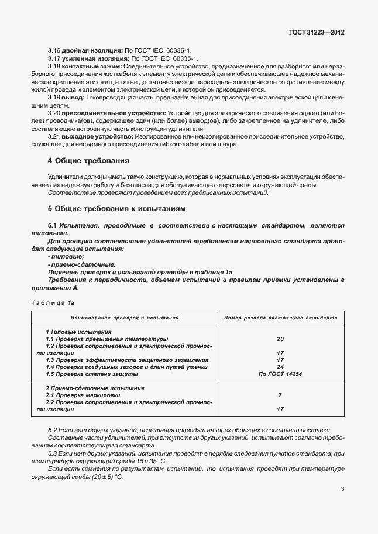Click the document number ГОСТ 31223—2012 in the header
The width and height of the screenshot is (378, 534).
pyautogui.click(x=316, y=33)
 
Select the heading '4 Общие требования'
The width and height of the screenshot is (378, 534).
pyautogui.click(x=88, y=160)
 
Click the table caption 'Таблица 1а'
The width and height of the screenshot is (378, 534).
pyautogui.click(x=53, y=302)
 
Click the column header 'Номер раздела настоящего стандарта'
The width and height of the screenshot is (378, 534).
pyautogui.click(x=280, y=318)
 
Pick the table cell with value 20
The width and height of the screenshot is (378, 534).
pyautogui.click(x=280, y=339)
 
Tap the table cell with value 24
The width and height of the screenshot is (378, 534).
pyautogui.click(x=280, y=367)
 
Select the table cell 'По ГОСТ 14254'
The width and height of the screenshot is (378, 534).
pyautogui.click(x=280, y=374)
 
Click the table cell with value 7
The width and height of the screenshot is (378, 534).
pyautogui.click(x=280, y=395)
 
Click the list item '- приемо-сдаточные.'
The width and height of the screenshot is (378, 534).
pyautogui.click(x=73, y=264)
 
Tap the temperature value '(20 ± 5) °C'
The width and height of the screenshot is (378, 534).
pyautogui.click(x=102, y=477)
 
